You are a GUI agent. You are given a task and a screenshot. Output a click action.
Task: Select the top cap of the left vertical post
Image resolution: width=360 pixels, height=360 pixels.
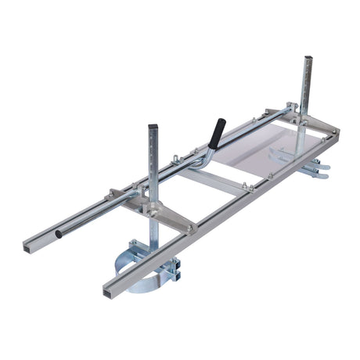(x=153, y=127)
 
